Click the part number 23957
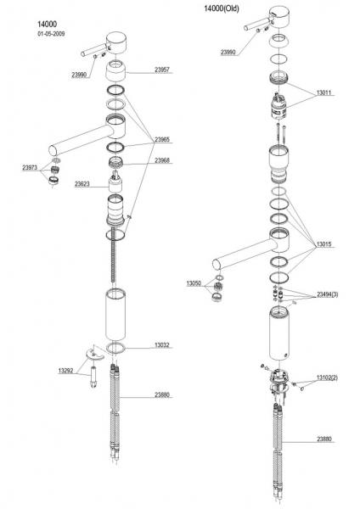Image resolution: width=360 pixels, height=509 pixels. pyautogui.click(x=162, y=70)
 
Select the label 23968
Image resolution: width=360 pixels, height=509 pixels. pyautogui.click(x=162, y=160)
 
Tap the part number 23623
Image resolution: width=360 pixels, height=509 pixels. pyautogui.click(x=82, y=184)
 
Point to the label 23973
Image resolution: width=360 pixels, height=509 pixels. pyautogui.click(x=30, y=168)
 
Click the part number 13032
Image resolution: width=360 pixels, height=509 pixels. pyautogui.click(x=162, y=345)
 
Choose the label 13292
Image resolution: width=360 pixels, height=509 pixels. pyautogui.click(x=65, y=371)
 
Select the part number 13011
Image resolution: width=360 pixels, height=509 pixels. pyautogui.click(x=324, y=92)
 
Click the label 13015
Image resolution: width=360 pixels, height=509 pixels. pyautogui.click(x=324, y=244)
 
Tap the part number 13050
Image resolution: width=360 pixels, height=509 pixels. pyautogui.click(x=194, y=283)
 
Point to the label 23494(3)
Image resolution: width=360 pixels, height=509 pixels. pyautogui.click(x=328, y=294)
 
